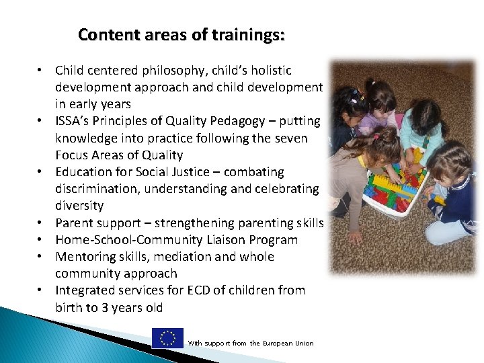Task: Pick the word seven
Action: (x=292, y=138)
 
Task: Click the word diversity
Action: (x=79, y=206)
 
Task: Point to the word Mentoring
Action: (x=82, y=257)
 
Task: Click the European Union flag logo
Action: (x=167, y=338)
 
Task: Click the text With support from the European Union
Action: (x=250, y=344)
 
